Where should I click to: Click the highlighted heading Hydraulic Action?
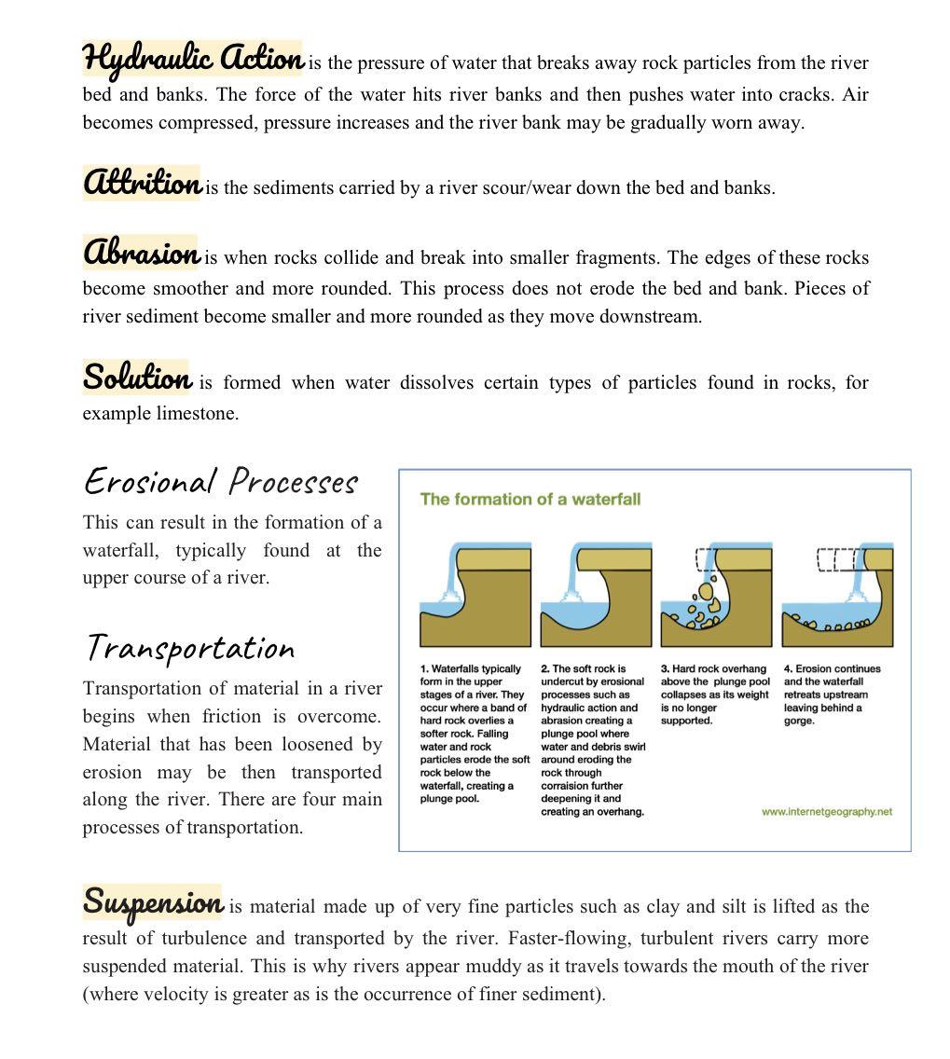click(193, 60)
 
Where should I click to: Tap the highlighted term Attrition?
click(142, 182)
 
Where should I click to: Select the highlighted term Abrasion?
click(141, 253)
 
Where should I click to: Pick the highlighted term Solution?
click(137, 378)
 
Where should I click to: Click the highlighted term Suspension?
click(153, 901)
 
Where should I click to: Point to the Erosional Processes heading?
click(221, 482)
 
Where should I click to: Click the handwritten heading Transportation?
click(190, 647)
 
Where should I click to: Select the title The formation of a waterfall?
click(530, 499)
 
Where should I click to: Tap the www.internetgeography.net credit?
click(826, 812)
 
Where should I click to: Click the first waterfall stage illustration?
click(474, 595)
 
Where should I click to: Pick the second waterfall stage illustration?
click(596, 595)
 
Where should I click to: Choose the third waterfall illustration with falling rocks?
click(716, 595)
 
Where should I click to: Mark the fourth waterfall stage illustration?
click(836, 595)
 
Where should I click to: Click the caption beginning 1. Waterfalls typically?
click(474, 734)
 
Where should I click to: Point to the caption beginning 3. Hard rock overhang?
click(714, 695)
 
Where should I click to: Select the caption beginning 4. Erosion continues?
click(832, 695)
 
